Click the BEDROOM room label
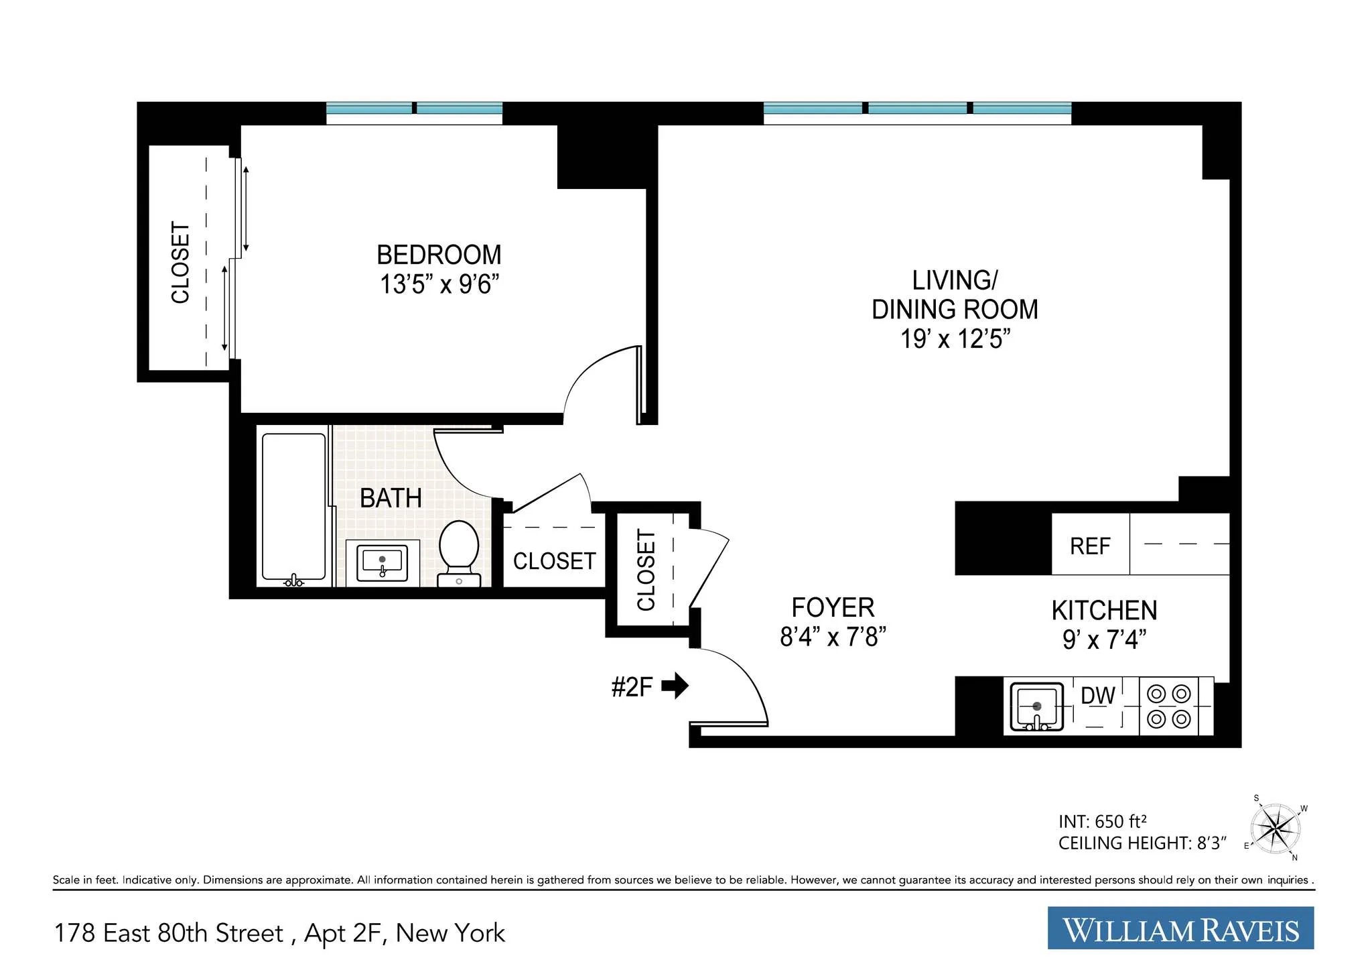click(439, 255)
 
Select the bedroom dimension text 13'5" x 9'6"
click(439, 285)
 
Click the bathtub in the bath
click(294, 506)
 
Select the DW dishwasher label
click(1098, 696)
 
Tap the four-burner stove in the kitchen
click(1169, 706)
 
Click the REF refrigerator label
click(1090, 546)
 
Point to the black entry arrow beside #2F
click(675, 686)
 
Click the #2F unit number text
click(632, 687)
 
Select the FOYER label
click(833, 608)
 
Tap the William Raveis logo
click(1180, 929)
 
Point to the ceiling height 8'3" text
click(1142, 843)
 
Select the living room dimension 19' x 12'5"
click(955, 339)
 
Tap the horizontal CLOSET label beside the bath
click(554, 561)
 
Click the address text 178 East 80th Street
click(169, 933)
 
